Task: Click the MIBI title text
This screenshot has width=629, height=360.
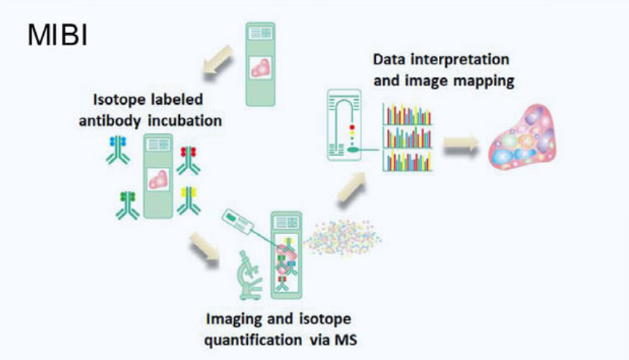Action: (58, 36)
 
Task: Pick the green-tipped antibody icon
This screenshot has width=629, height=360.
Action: (126, 204)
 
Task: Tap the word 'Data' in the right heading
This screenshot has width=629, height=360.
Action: (390, 59)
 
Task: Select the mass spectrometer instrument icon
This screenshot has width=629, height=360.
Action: (344, 124)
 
